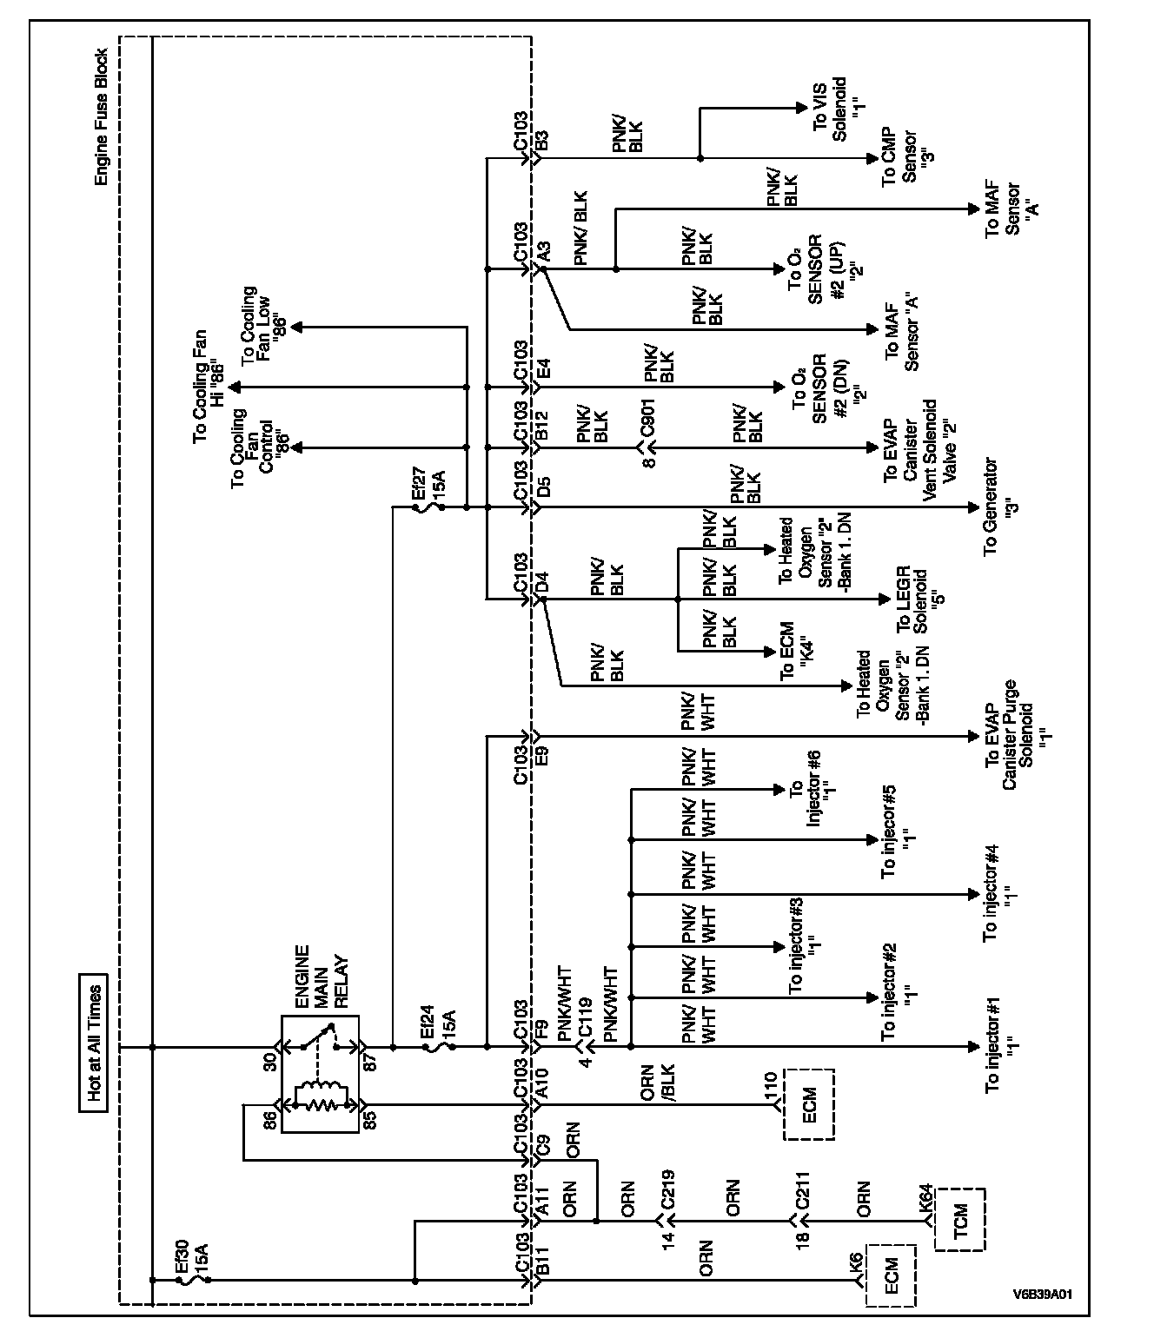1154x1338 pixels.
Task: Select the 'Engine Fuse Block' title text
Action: pos(101,116)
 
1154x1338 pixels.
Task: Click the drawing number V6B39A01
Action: pos(1043,1294)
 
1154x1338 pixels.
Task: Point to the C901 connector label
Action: pos(648,418)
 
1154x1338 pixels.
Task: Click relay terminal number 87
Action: pos(370,1063)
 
